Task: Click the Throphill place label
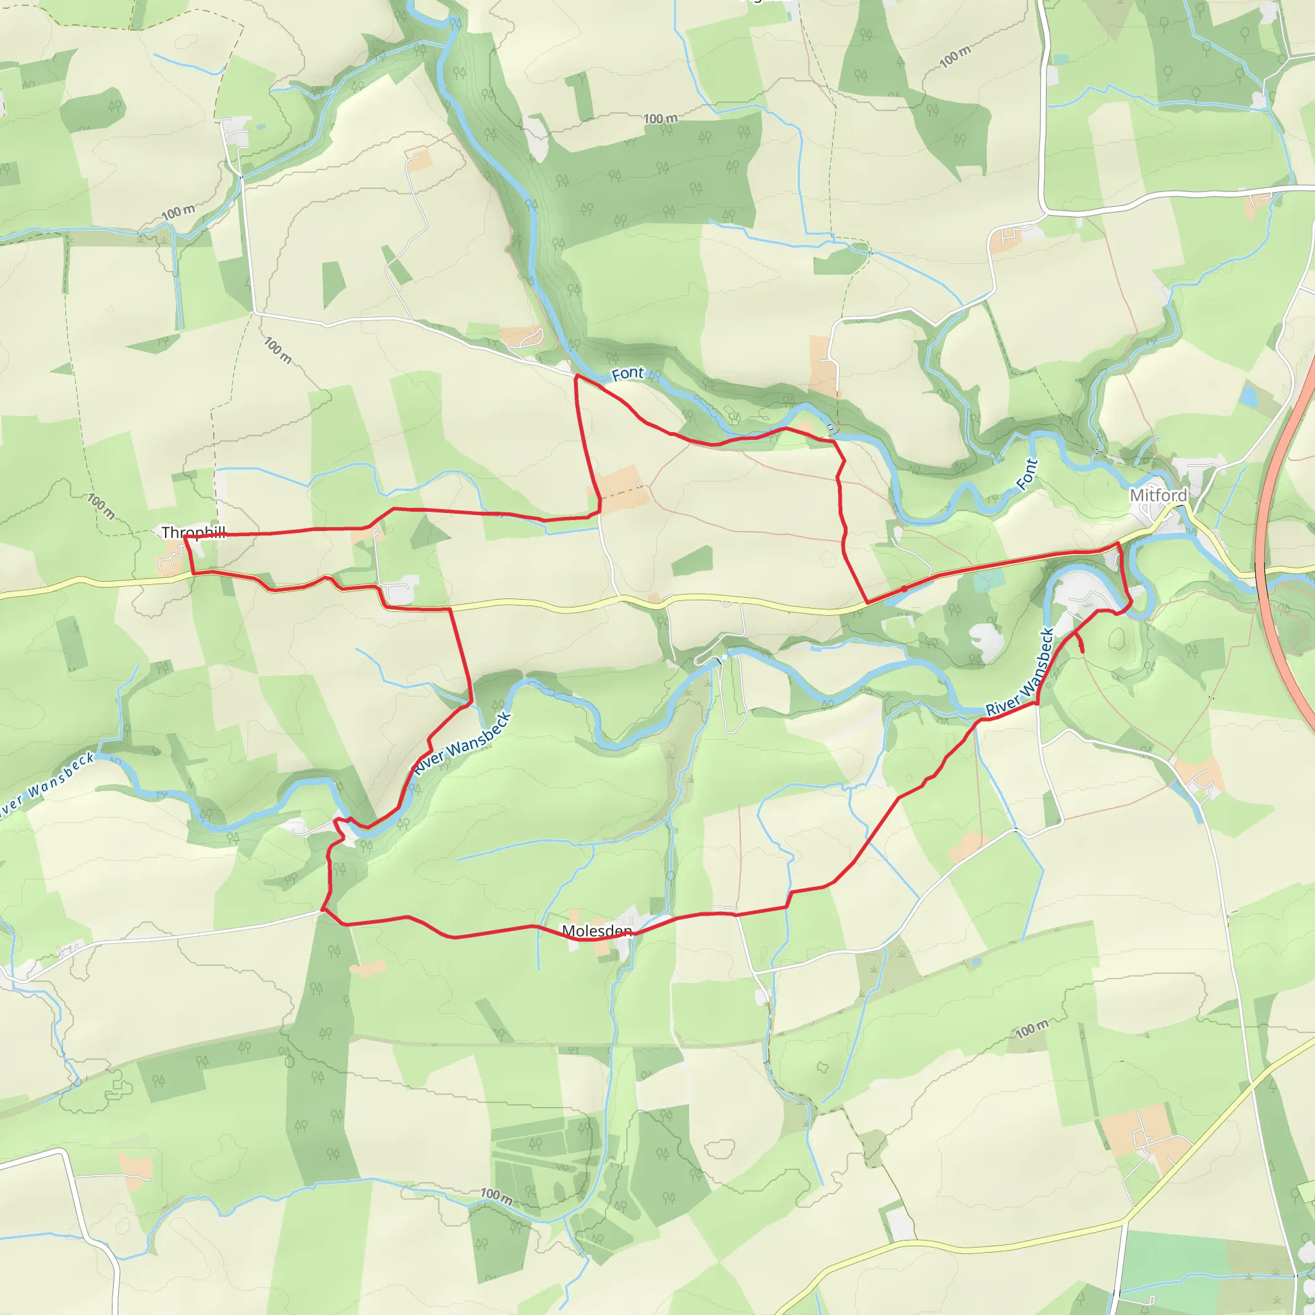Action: click(x=193, y=532)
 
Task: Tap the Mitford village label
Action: click(x=1158, y=496)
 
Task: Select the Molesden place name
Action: click(x=597, y=930)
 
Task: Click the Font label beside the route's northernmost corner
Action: click(x=627, y=374)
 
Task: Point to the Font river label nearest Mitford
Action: click(x=1027, y=474)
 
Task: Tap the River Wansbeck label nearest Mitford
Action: click(x=1021, y=672)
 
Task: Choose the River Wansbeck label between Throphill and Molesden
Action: click(x=462, y=743)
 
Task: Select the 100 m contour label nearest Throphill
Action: click(x=101, y=506)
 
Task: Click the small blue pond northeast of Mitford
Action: click(x=1248, y=395)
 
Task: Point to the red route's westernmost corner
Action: click(x=185, y=537)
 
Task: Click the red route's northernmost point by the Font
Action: click(x=577, y=376)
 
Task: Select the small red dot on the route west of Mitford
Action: click(x=904, y=588)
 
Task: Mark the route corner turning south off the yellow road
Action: click(x=450, y=609)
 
